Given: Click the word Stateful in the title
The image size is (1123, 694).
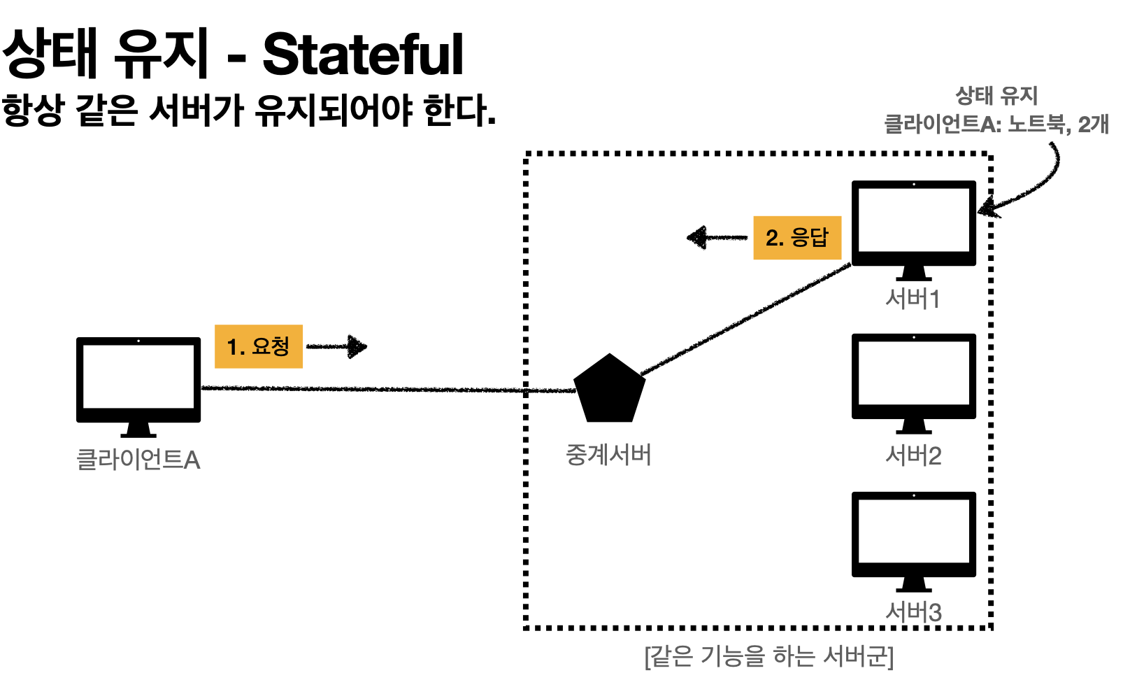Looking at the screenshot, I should [x=363, y=55].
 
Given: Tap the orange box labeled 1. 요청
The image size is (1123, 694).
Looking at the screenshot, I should [x=258, y=346].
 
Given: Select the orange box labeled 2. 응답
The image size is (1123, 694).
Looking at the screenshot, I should [x=796, y=238].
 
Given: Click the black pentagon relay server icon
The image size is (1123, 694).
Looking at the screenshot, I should [x=609, y=390].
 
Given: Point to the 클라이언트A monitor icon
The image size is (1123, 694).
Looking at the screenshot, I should [x=138, y=381].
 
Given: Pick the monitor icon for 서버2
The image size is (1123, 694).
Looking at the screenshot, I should [x=913, y=378].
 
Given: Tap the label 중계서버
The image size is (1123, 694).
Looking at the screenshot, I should [x=608, y=455].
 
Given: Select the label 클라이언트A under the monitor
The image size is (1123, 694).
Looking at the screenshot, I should [x=138, y=460].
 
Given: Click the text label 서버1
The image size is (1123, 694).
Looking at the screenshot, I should [x=913, y=299].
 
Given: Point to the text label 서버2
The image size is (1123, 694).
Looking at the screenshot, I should [x=913, y=456].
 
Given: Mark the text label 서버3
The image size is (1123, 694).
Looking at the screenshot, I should [x=913, y=612].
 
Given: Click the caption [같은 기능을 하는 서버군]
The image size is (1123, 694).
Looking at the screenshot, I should [x=768, y=657].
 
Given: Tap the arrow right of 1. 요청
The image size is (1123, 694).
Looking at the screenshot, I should [x=337, y=346].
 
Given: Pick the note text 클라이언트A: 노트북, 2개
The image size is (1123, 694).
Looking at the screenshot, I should [x=996, y=125].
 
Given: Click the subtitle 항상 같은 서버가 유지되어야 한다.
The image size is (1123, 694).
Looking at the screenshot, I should [x=248, y=111].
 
